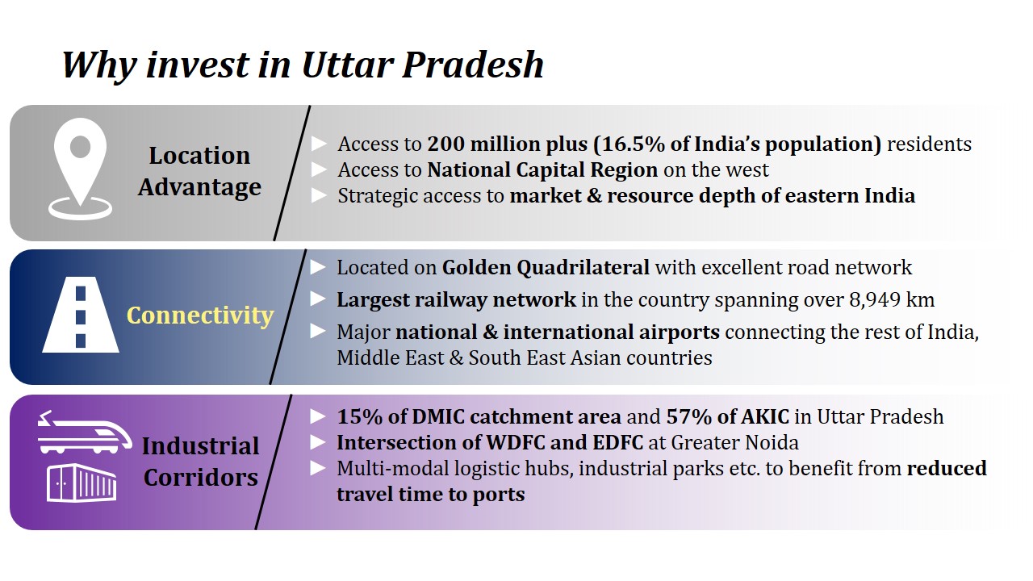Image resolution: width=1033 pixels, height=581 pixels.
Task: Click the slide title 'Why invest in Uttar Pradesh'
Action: point(303,65)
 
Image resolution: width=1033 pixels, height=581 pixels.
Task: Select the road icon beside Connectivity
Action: point(81,315)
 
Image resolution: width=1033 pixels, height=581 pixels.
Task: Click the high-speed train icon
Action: point(85,432)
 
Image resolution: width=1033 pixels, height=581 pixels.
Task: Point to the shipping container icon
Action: point(82,483)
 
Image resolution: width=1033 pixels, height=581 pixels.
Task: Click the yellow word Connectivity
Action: point(200,316)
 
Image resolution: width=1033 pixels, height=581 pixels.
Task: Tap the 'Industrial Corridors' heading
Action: point(201,462)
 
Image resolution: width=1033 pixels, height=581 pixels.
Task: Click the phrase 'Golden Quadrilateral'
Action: point(546,268)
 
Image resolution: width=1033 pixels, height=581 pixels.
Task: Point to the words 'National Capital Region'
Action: point(542,170)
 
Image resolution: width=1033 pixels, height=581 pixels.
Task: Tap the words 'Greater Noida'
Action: point(734,443)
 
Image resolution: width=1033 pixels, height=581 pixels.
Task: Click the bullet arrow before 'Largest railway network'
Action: point(318,299)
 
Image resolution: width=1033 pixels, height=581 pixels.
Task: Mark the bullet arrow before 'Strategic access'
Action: point(319,195)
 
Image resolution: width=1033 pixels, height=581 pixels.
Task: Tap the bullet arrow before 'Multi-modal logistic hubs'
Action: point(318,468)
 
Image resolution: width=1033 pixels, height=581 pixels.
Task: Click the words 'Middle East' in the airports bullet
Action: point(390,358)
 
